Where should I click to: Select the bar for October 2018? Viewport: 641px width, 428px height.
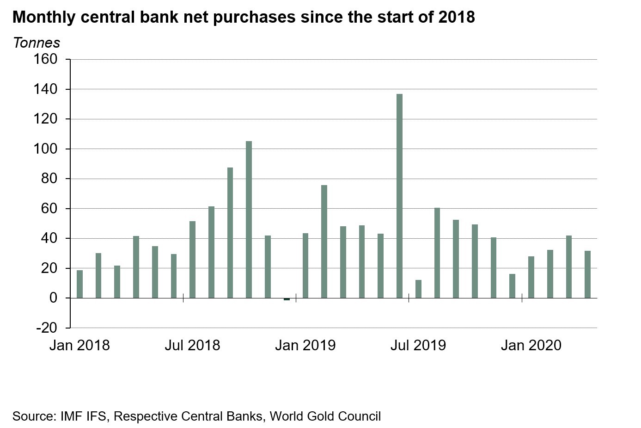point(249,219)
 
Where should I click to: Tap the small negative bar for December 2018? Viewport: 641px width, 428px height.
point(287,299)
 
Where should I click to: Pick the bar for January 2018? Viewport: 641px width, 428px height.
point(79,284)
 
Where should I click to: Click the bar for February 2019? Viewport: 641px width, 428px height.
point(324,241)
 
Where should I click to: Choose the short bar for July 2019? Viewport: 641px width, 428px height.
point(418,289)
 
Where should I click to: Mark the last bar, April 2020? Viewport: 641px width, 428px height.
point(587,274)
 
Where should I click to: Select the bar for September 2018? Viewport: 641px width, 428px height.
point(230,232)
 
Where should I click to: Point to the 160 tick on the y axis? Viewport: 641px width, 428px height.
point(45,59)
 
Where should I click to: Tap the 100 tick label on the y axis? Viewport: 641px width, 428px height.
point(45,149)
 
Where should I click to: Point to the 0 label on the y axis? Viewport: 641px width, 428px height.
point(54,298)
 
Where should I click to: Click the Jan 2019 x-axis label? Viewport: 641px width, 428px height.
point(305,345)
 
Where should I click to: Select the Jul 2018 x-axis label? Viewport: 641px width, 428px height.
point(192,345)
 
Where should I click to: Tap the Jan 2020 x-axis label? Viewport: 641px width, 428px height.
point(531,345)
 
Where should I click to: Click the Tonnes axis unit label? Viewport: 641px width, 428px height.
point(37,43)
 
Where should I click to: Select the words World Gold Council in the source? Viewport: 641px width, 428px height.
point(325,416)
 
